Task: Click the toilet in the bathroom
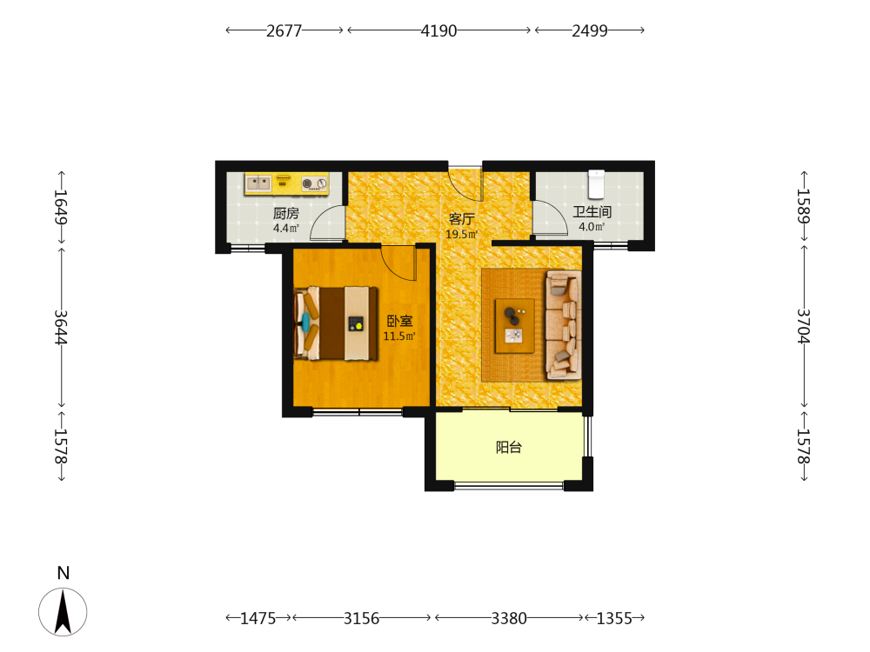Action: click(597, 184)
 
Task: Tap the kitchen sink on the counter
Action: click(258, 183)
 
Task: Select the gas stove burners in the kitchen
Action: click(315, 183)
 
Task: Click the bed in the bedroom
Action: click(336, 323)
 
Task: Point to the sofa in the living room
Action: click(564, 325)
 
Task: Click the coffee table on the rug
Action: click(514, 326)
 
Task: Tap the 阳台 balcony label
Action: click(509, 448)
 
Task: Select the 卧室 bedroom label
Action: click(399, 321)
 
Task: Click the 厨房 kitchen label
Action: click(285, 214)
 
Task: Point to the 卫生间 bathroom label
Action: click(592, 212)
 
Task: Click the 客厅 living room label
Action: click(461, 220)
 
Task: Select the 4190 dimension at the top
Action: click(438, 30)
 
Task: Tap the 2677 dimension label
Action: click(284, 30)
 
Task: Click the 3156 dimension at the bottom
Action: click(361, 618)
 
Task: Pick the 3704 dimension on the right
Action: click(804, 326)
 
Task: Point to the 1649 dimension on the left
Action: click(61, 207)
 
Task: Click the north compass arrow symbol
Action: click(63, 611)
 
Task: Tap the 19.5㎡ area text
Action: click(461, 235)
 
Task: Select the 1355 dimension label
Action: click(614, 618)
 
